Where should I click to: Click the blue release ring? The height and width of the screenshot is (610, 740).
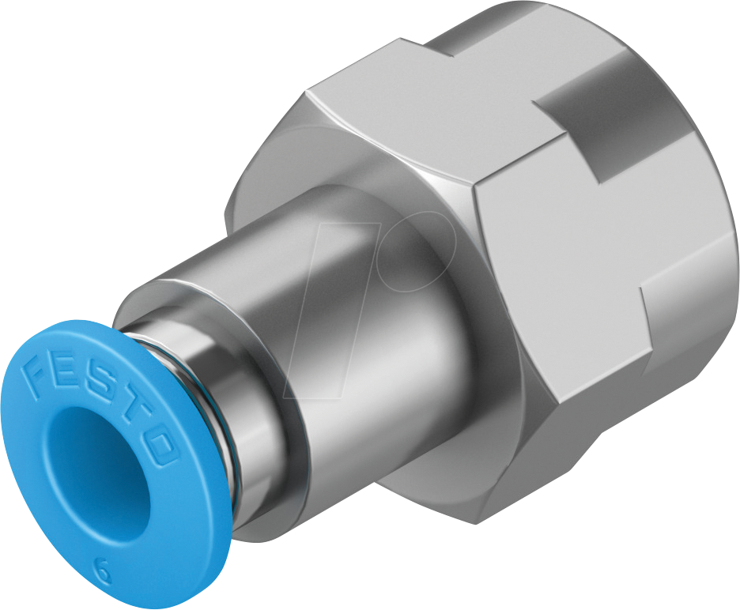pyautogui.click(x=47, y=490)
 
